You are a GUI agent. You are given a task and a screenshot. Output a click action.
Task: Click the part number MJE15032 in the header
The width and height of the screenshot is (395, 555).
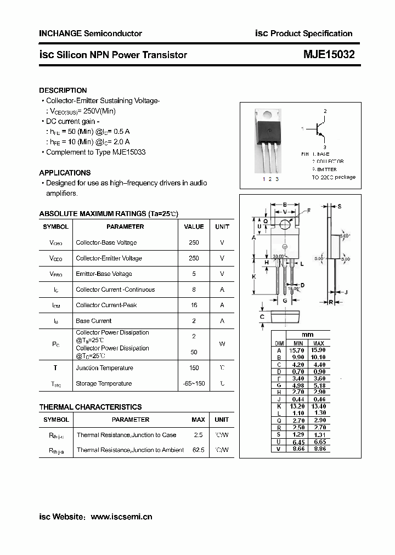329,55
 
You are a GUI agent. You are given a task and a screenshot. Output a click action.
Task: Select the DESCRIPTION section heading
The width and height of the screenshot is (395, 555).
63,90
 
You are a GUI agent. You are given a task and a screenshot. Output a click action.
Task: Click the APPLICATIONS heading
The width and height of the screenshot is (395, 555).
65,173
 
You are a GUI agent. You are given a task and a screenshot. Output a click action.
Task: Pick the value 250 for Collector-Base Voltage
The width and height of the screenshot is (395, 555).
194,242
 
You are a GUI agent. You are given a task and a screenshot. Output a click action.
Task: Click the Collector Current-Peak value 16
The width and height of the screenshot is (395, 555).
194,305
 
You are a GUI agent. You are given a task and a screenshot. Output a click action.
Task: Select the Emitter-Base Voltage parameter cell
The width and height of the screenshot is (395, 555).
104,274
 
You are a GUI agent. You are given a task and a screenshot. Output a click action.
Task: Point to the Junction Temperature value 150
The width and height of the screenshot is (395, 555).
194,368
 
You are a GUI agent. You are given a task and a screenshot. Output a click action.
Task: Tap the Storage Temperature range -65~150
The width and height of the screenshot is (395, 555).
194,383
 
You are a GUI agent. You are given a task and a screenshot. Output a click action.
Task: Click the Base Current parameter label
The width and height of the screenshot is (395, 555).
93,321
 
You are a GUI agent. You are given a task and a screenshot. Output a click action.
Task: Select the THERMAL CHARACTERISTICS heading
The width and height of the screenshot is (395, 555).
90,407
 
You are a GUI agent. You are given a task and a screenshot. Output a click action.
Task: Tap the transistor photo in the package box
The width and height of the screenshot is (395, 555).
268,140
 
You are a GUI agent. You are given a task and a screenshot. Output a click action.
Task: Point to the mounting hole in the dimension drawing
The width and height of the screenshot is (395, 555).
284,224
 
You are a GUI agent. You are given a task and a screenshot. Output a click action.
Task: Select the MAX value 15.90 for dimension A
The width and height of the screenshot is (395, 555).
318,350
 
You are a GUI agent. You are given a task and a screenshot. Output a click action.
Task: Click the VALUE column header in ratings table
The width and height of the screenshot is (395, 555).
194,226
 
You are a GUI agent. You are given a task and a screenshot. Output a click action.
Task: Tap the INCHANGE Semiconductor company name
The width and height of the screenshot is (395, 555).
91,33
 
